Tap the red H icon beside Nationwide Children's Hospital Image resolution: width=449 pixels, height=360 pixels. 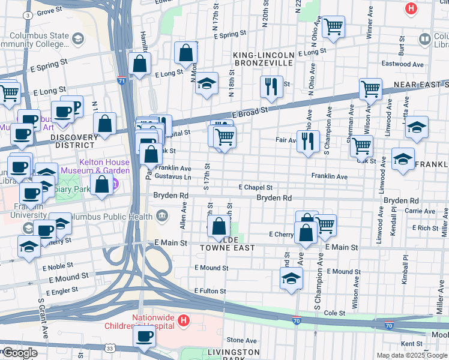(184, 322)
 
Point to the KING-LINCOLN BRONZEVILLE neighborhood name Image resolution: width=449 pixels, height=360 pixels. (264, 59)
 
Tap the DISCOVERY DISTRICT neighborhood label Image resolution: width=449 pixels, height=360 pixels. (74, 141)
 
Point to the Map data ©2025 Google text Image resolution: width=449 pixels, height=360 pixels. (412, 355)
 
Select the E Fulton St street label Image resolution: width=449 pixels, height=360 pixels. (209, 291)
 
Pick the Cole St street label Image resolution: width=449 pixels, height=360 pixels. (334, 313)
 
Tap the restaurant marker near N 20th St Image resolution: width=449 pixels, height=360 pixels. (271, 86)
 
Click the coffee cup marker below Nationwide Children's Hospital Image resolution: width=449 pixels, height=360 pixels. (144, 337)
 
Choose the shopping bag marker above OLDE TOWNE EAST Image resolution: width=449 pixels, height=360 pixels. (219, 226)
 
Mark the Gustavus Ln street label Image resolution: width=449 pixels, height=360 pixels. (173, 178)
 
